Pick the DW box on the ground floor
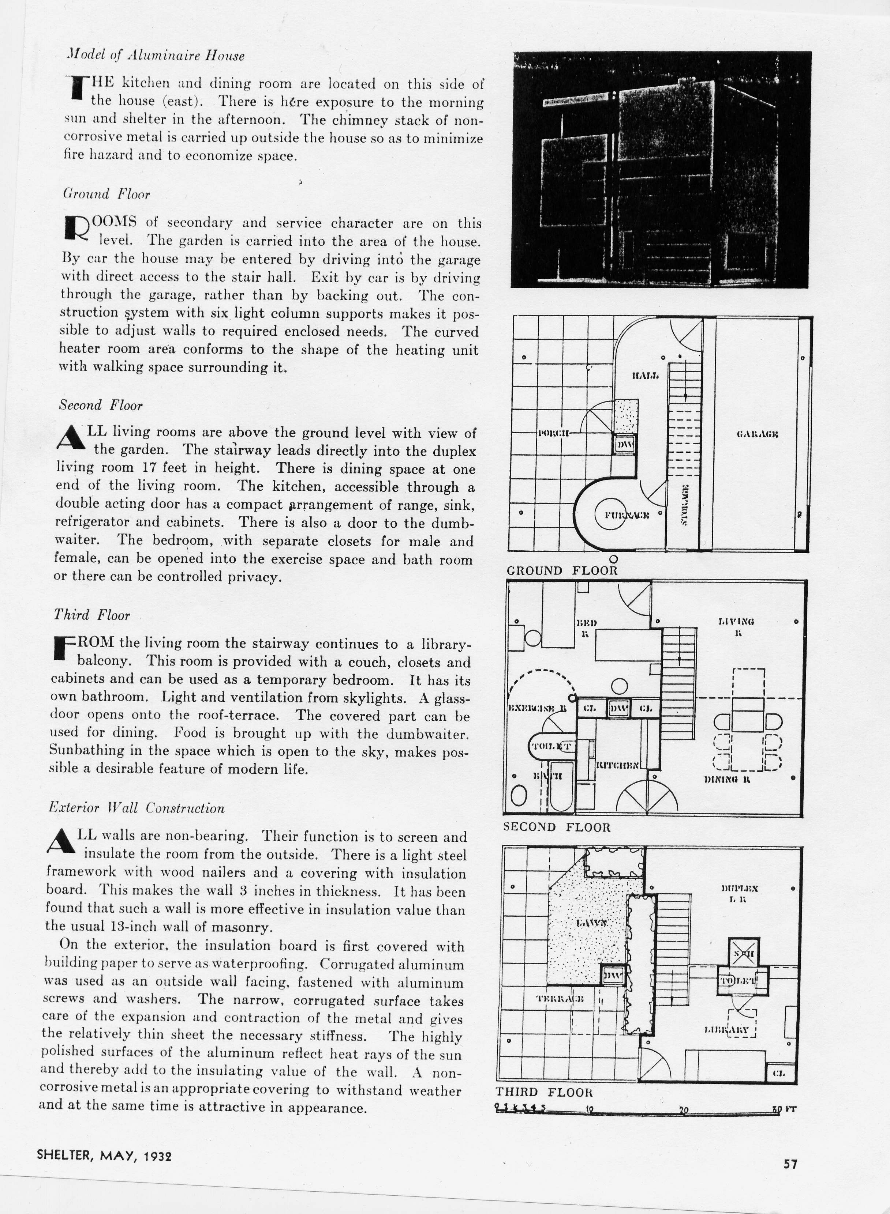pos(625,445)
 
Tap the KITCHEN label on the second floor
pos(617,765)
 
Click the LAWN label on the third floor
pos(591,923)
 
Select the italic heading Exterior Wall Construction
pos(136,808)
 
